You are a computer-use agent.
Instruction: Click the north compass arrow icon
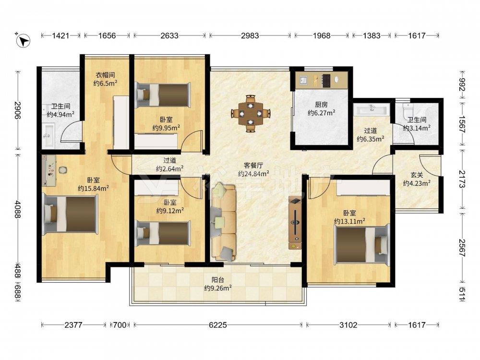click(x=23, y=40)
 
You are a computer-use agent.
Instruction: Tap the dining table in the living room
click(x=251, y=114)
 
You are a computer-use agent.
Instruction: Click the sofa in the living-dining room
click(x=224, y=222)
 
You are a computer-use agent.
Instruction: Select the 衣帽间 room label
click(x=105, y=75)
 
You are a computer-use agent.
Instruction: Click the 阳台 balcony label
click(x=217, y=280)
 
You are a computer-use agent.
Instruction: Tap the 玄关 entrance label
click(x=417, y=175)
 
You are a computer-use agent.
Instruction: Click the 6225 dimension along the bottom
click(x=218, y=325)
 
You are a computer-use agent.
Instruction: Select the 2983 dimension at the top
click(x=250, y=36)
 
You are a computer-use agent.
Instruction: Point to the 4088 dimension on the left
click(x=18, y=209)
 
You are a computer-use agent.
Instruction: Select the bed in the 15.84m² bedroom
click(x=71, y=214)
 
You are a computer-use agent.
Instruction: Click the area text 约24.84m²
click(x=253, y=174)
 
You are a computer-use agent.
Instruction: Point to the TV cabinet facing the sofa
click(x=295, y=223)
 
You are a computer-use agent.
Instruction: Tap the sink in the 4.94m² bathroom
click(x=48, y=135)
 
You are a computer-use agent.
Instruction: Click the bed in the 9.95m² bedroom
click(x=163, y=95)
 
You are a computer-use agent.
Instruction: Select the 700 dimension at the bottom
click(x=120, y=325)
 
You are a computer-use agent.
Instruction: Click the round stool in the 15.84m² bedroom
click(x=63, y=170)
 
